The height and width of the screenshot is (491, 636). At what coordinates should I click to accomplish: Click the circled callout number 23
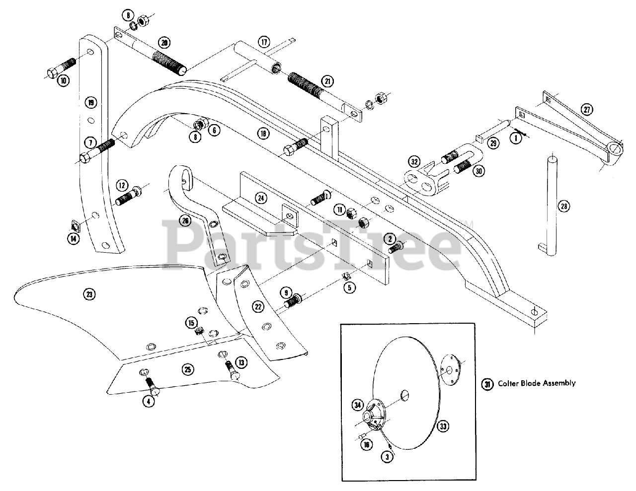(x=88, y=294)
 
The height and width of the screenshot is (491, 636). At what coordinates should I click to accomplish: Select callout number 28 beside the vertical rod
(x=562, y=207)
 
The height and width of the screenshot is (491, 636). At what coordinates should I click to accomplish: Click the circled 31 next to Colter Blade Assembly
(x=487, y=383)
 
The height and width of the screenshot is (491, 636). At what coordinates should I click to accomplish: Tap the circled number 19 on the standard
(x=90, y=103)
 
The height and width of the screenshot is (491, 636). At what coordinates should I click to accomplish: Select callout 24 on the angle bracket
(x=260, y=198)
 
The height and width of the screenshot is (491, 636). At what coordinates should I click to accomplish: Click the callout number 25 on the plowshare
(x=187, y=369)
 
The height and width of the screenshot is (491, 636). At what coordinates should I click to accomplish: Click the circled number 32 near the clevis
(x=413, y=161)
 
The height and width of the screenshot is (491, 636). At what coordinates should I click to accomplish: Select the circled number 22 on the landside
(x=258, y=307)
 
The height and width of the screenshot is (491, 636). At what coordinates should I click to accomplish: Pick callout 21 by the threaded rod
(x=327, y=80)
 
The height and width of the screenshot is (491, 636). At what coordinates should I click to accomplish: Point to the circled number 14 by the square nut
(x=73, y=238)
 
